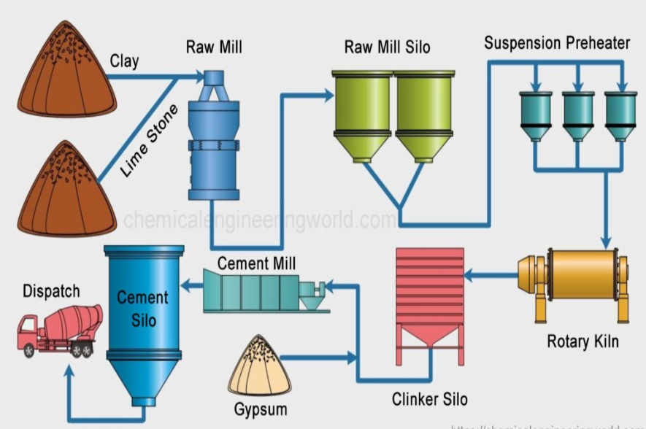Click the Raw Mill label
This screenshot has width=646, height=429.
[x=214, y=48]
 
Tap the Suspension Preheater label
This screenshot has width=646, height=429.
[x=556, y=43]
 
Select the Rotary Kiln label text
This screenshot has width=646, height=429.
[x=582, y=341]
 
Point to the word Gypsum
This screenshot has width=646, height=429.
[x=261, y=409]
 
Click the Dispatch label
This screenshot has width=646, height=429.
[x=51, y=292]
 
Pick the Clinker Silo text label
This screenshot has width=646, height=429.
[x=429, y=399]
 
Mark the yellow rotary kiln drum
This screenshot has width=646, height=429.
[x=580, y=276]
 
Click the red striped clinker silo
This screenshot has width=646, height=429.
[x=429, y=292]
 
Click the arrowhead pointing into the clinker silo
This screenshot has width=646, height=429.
[x=470, y=275]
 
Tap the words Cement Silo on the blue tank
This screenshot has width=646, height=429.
[x=143, y=309]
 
